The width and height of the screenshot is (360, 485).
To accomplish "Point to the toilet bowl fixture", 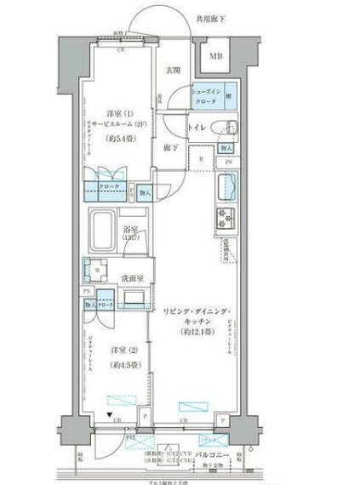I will tap(226, 128).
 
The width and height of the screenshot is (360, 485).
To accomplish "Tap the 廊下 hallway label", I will tap(170, 147).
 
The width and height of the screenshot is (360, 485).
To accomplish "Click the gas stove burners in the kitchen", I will tap(227, 219).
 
